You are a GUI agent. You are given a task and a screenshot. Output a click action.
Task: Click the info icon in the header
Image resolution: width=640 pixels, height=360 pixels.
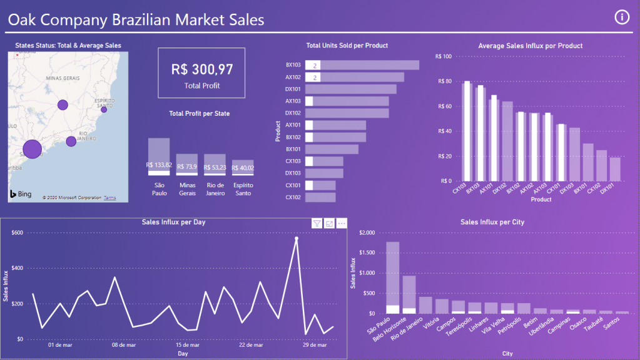pos(622,17)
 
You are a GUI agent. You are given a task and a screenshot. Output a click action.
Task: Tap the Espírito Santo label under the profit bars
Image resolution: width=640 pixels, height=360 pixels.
pos(243,189)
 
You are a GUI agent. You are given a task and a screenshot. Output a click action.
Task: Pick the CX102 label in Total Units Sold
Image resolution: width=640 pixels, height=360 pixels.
pos(293,197)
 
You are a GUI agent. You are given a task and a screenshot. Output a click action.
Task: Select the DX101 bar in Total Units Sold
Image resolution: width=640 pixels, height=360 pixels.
pos(351,90)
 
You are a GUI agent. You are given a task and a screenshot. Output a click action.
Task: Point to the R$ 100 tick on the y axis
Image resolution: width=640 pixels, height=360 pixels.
pos(443,56)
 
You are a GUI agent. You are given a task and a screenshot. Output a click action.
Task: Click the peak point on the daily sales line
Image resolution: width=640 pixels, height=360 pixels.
pos(297,239)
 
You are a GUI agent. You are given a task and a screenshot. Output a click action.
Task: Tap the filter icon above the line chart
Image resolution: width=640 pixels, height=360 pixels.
pos(317,224)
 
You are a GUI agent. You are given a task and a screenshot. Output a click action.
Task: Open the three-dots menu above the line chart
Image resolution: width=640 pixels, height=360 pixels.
pos(342,224)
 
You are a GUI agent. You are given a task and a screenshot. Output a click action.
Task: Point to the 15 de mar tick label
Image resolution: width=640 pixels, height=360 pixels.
pos(187,345)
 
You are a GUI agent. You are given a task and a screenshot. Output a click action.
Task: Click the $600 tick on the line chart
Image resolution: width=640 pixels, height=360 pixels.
pos(17,233)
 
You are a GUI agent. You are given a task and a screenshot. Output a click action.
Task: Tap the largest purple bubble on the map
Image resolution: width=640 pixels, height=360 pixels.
pos(32,149)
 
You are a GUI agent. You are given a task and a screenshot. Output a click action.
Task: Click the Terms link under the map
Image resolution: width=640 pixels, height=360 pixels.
pos(109,198)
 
